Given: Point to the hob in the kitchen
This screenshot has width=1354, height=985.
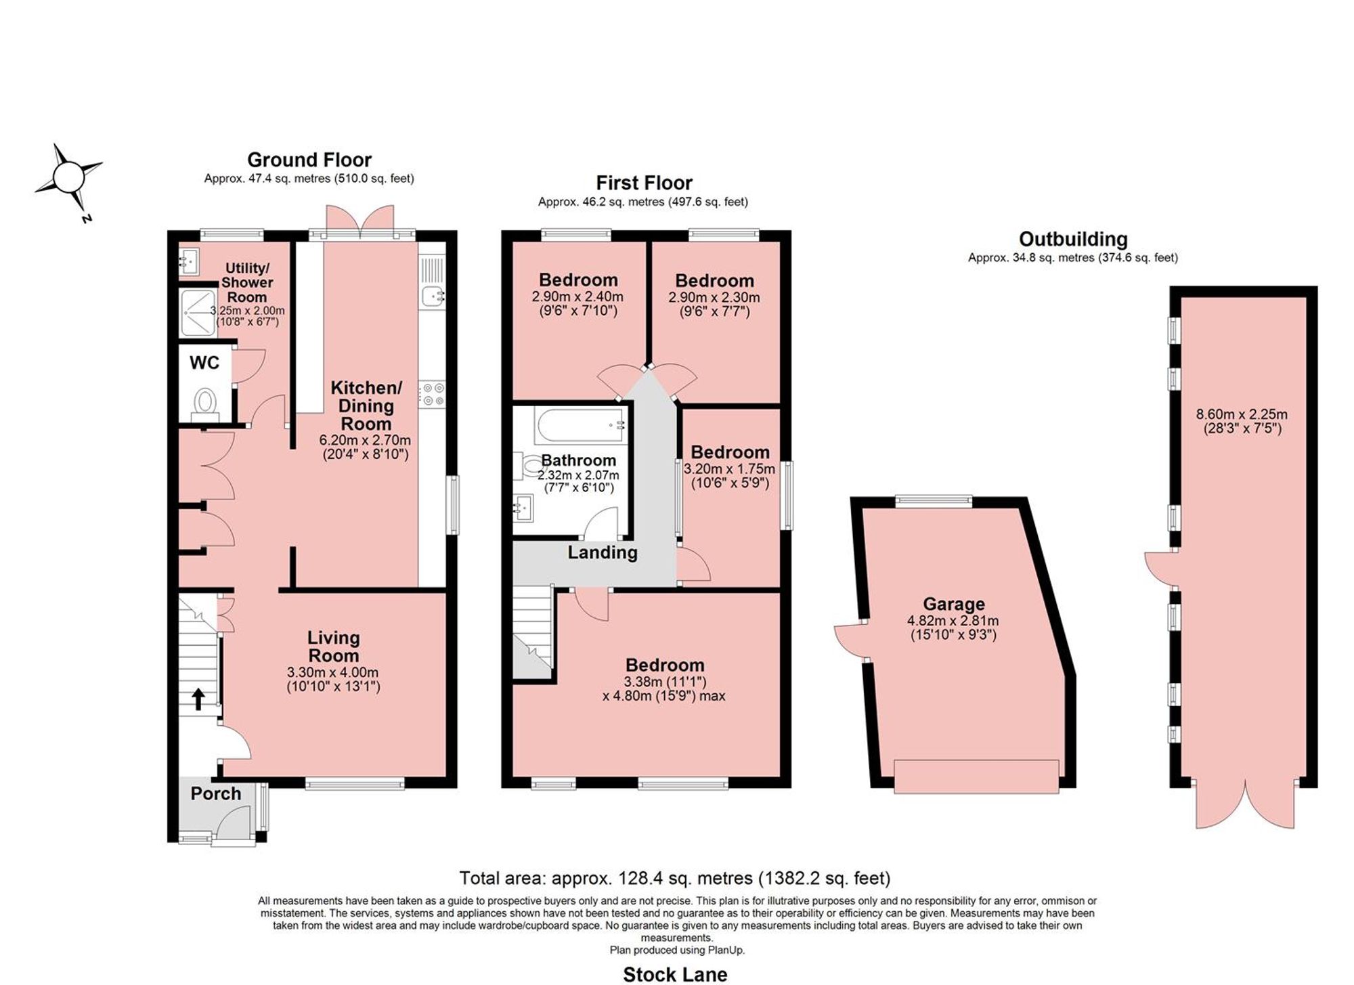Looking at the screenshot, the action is tap(432, 395).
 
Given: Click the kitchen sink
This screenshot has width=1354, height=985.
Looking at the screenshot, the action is tap(432, 295).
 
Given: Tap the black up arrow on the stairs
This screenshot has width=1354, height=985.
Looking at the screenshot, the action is tap(198, 699).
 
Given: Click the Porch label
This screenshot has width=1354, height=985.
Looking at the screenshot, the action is tap(216, 793).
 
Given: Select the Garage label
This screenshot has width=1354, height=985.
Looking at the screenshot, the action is tap(954, 604).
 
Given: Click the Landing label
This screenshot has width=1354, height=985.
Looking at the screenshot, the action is tap(603, 552).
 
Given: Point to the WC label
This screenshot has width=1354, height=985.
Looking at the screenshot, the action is tap(204, 363).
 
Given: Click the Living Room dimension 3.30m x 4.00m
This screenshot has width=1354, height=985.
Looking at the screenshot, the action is tap(333, 672).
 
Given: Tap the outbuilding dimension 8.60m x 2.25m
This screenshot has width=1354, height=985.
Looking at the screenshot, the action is tap(1242, 414).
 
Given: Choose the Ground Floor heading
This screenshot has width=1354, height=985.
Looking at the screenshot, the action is tap(309, 160).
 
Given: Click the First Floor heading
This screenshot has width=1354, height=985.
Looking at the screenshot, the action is tap(644, 183).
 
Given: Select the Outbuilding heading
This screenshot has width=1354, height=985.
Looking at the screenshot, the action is tap(1073, 239).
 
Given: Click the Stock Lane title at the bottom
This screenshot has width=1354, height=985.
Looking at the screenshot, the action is tap(675, 974).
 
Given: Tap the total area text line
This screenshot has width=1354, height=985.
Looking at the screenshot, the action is tap(675, 878).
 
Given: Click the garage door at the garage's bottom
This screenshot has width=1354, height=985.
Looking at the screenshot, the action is tap(976, 776).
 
